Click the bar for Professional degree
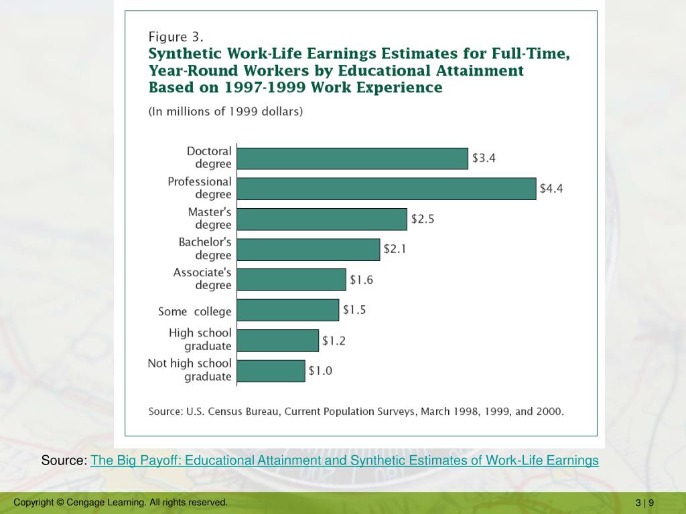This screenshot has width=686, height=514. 387,189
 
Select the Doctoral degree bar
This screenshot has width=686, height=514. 352,159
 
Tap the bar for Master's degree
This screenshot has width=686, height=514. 322,219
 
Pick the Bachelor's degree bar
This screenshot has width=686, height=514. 308,250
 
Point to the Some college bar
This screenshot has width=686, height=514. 288,310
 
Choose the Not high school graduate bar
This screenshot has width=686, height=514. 271,371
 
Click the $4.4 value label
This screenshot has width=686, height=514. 551,189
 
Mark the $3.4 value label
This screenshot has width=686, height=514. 484,159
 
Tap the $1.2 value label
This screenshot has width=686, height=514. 334,341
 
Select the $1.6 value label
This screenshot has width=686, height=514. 361,280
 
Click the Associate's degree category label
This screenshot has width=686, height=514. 202,279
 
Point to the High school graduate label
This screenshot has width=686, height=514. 200,339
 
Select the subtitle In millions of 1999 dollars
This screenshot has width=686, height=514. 226,112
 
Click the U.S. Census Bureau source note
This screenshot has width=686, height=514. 356,412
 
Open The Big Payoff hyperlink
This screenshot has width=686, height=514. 344,460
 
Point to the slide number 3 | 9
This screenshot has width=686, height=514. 645,503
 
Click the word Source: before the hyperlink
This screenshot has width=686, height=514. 64,460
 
